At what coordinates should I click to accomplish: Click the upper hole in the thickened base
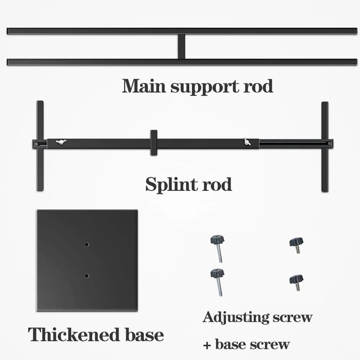tap(87, 244)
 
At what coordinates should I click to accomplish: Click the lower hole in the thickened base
tap(87, 275)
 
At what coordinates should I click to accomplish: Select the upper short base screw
tap(296, 245)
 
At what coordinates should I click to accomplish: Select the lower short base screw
tap(296, 283)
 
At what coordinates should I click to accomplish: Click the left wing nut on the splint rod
tap(61, 142)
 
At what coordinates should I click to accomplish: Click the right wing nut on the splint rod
tap(247, 141)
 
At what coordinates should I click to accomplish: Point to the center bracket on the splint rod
tap(154, 142)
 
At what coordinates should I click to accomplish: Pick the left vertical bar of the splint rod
tap(40, 146)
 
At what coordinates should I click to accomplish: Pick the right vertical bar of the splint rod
tap(325, 146)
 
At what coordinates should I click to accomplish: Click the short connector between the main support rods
tap(181, 46)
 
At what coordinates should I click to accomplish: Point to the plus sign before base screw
tap(207, 345)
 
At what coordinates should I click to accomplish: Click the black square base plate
tap(87, 260)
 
